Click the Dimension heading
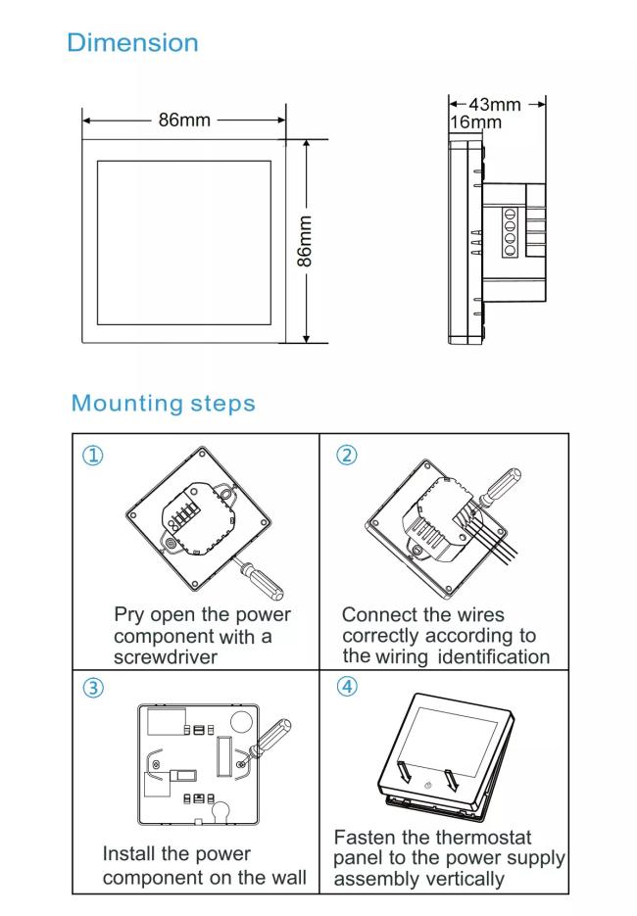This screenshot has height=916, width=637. point(132,43)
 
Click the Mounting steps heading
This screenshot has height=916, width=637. point(163,403)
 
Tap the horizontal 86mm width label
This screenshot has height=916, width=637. point(184,121)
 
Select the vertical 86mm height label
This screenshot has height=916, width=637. point(306,242)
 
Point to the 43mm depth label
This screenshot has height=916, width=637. point(497,105)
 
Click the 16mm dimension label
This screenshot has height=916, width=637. point(474,121)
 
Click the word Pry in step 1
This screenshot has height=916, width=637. point(129,615)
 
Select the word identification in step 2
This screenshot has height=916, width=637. point(493,655)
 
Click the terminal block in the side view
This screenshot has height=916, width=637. point(510,234)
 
